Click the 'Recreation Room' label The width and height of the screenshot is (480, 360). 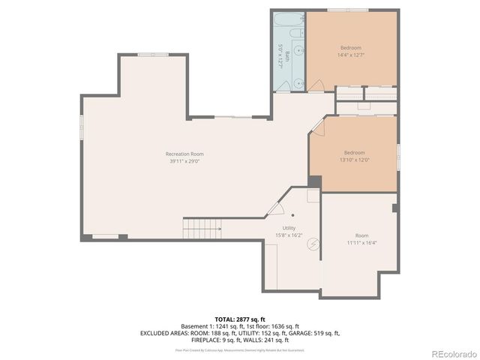tap(184, 154)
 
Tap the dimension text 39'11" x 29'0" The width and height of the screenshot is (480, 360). tap(184, 160)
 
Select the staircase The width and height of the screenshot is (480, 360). tap(202, 225)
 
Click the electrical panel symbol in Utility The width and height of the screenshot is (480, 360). tap(314, 243)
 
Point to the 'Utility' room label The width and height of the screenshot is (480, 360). tap(289, 228)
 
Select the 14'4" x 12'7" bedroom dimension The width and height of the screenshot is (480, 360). tap(351, 55)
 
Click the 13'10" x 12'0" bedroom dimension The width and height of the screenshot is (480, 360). tap(354, 159)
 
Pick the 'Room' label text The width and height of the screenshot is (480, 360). tap(361, 235)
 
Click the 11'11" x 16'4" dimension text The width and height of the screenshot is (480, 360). tap(361, 242)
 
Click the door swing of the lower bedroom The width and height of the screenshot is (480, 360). tap(318, 128)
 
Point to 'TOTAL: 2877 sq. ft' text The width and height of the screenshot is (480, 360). tap(240, 319)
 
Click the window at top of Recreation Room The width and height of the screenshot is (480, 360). tap(153, 54)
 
